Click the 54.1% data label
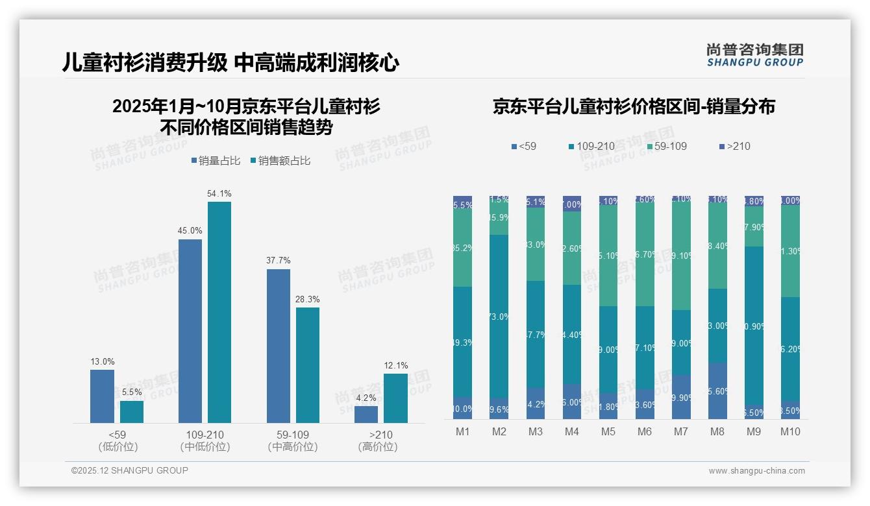219,193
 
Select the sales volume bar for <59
102,396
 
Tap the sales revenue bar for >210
395,398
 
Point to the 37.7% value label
278,260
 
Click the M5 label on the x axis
608,432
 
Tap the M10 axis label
790,432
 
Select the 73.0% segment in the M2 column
499,317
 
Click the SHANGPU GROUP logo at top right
754,55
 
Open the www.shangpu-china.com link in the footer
756,471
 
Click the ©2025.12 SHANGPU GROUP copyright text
130,471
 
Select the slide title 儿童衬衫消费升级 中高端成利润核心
230,63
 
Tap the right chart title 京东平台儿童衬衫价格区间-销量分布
634,107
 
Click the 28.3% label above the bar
308,300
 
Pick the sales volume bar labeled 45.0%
190,331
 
